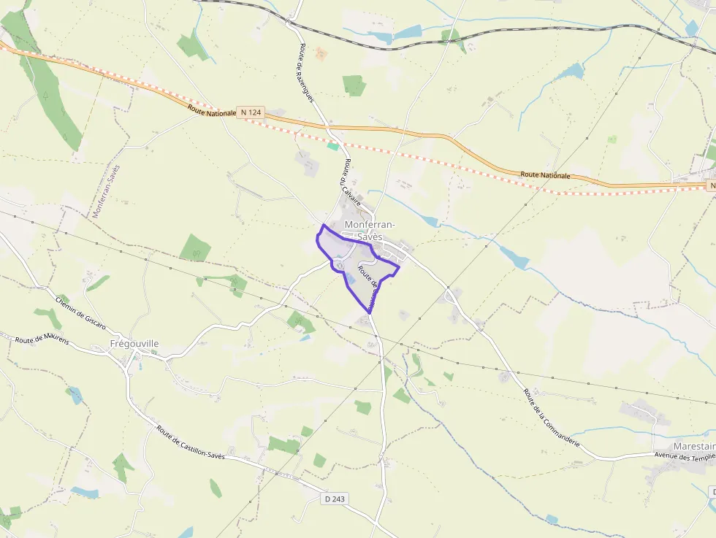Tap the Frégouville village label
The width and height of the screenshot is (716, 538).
tap(134, 344)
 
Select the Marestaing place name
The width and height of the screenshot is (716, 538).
tap(694, 446)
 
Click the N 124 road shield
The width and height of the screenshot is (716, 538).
tap(250, 112)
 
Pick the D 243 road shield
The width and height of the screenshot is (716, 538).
tap(335, 499)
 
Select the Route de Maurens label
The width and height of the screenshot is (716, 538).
tap(42, 339)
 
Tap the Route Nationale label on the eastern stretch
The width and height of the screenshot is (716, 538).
tap(545, 175)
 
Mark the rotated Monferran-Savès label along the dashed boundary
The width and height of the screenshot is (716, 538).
tap(105, 191)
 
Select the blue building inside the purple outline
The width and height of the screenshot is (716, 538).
tap(351, 278)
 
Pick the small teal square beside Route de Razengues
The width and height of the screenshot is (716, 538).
tap(333, 146)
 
